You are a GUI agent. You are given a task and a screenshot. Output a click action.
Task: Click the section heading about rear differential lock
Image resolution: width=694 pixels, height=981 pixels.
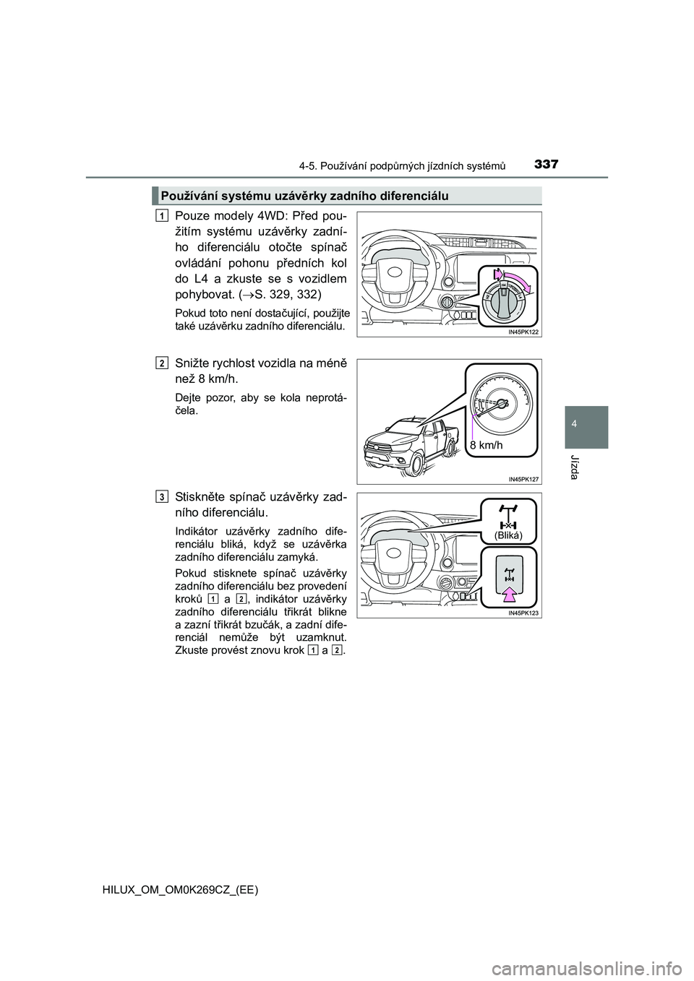[304, 196]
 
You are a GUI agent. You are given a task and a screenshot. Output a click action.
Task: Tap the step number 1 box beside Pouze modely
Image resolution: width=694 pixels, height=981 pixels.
[164, 216]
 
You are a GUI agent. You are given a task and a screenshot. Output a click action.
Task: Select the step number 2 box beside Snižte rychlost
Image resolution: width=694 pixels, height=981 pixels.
[164, 363]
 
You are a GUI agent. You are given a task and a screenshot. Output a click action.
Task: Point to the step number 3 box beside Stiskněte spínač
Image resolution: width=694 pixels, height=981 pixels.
[164, 496]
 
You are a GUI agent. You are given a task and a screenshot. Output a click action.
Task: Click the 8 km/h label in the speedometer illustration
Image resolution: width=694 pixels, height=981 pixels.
[487, 446]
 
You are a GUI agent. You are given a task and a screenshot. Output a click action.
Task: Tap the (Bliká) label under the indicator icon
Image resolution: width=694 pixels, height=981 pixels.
[507, 535]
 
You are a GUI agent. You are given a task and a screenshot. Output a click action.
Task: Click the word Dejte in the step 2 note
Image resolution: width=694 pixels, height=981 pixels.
[190, 398]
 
